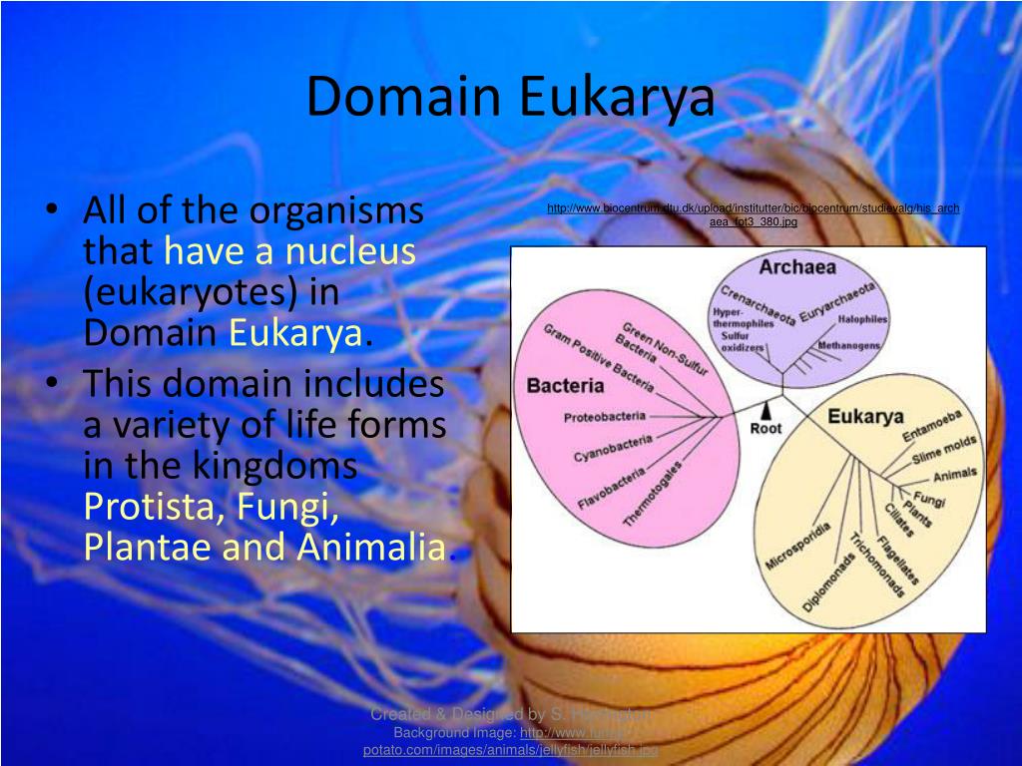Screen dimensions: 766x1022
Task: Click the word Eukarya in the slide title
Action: tap(616, 98)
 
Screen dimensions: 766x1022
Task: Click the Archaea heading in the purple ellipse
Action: tap(796, 267)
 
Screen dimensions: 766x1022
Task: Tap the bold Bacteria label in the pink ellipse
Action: tap(565, 385)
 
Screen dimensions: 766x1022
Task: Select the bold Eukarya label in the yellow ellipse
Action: tap(865, 416)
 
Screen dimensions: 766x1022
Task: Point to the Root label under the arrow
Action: tap(766, 429)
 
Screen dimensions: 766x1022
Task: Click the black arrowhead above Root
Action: tap(766, 410)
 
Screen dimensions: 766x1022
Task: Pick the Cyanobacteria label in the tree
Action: tap(613, 449)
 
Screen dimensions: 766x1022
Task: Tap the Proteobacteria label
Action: tap(605, 417)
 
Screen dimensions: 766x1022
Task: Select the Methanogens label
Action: tap(849, 345)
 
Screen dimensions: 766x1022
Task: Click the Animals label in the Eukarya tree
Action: tap(956, 474)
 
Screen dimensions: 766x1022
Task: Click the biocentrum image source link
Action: tap(753, 208)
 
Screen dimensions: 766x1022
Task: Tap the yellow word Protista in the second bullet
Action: tap(155, 507)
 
